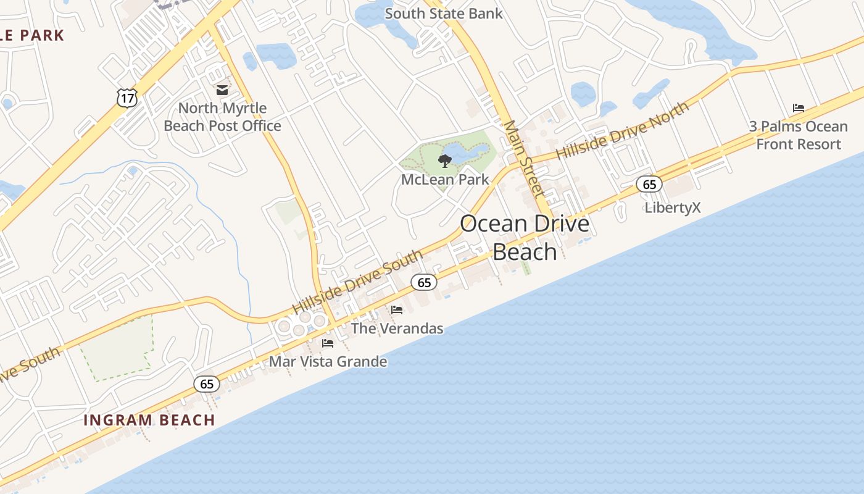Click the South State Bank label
tap(443, 13)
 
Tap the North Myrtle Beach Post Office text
tap(222, 117)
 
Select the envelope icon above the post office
tap(222, 90)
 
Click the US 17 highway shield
tap(126, 98)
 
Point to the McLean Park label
tap(444, 180)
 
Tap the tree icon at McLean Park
tap(444, 162)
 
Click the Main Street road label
tap(523, 158)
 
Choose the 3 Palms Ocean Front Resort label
tap(799, 135)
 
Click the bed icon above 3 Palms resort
tap(799, 108)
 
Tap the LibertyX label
tap(673, 207)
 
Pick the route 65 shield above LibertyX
tap(649, 184)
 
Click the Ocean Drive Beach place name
tap(525, 238)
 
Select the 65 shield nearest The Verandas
tap(424, 282)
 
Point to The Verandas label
tap(397, 329)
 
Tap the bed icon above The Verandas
tap(397, 310)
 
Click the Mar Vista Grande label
tap(328, 362)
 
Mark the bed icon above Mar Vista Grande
tap(328, 343)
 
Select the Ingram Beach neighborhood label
tap(149, 421)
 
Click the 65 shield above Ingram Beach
tap(207, 384)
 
